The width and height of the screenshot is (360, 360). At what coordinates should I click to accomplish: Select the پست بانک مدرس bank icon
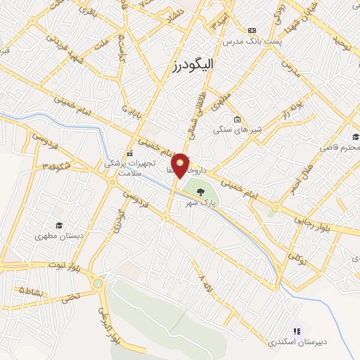[x=252, y=31]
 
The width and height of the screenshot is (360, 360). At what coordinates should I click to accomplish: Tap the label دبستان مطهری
[x=60, y=237]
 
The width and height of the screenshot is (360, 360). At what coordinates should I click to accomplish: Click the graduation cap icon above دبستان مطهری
[x=60, y=225]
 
